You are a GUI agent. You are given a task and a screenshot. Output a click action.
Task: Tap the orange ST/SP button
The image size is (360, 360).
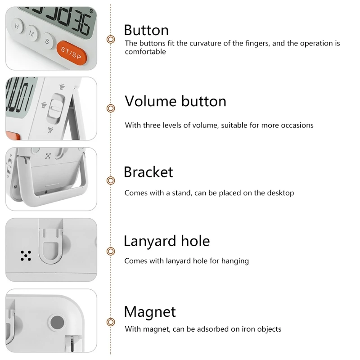pyautogui.click(x=72, y=53)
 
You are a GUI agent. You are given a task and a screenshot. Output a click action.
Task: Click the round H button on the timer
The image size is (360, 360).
pyautogui.click(x=17, y=26)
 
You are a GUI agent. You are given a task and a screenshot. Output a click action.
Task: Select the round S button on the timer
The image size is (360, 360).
pyautogui.click(x=47, y=41)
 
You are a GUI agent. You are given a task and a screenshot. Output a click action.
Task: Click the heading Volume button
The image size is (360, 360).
pyautogui.click(x=175, y=101)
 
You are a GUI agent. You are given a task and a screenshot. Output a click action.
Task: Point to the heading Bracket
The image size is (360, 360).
pyautogui.click(x=148, y=172)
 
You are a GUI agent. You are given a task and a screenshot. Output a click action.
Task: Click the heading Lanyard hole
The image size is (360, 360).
pyautogui.click(x=166, y=241)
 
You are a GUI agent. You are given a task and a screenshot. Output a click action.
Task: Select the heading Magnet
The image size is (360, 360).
pyautogui.click(x=150, y=312)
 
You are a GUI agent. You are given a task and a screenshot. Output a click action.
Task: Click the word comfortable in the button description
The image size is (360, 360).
pyautogui.click(x=145, y=52)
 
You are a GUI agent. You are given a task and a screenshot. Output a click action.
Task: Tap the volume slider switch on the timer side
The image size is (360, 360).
pyautogui.click(x=55, y=108)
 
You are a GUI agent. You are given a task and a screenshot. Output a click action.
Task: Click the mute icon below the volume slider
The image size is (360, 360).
pyautogui.click(x=51, y=130)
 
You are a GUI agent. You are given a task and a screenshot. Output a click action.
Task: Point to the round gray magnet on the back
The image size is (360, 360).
pyautogui.click(x=57, y=322)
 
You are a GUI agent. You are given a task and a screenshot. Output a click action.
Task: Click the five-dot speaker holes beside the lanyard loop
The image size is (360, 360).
pyautogui.click(x=26, y=256)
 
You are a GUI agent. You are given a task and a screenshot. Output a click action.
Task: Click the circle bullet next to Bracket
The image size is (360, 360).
pyautogui.click(x=111, y=181)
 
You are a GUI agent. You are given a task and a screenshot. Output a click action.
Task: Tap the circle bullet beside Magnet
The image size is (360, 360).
pyautogui.click(x=111, y=322)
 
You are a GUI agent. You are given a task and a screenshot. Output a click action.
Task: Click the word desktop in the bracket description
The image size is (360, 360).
pyautogui.click(x=280, y=193)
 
